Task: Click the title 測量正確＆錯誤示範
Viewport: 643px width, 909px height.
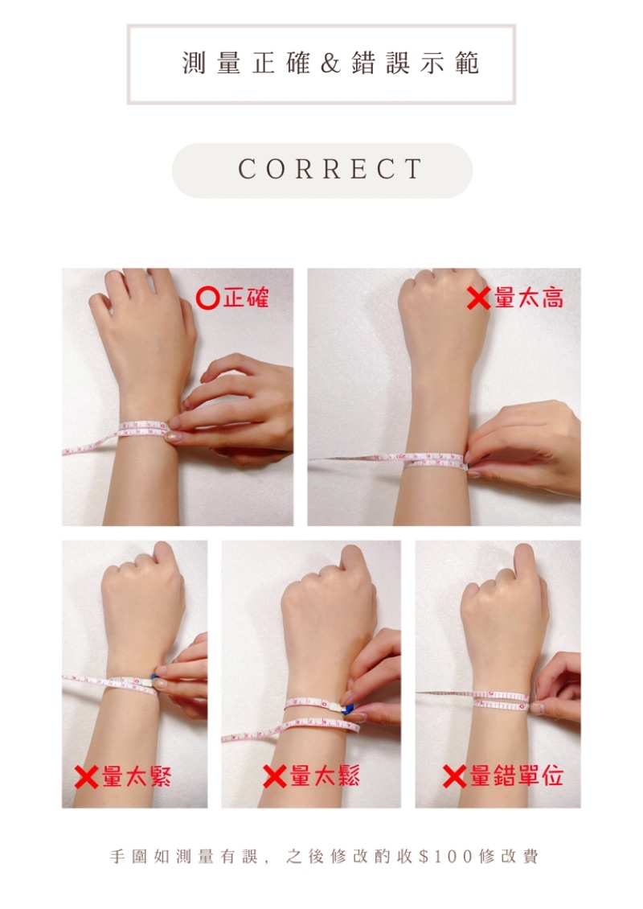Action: tap(331, 64)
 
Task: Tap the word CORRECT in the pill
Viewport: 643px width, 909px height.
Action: tap(330, 169)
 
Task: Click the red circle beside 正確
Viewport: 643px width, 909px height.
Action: tap(208, 298)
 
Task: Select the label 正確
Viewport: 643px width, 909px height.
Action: tap(246, 298)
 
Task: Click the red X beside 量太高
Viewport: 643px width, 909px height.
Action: tap(478, 298)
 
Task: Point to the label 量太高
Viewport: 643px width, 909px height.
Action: tap(528, 298)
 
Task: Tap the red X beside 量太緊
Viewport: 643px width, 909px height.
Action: tap(86, 777)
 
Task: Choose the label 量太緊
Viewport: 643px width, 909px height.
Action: tap(137, 775)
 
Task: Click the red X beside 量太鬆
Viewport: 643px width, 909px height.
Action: tap(275, 777)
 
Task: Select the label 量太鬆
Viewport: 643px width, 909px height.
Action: tap(325, 775)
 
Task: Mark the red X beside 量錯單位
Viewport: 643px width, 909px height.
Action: tap(455, 777)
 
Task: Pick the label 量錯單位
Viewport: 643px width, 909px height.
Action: tap(516, 775)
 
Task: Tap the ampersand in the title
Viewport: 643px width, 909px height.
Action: tap(330, 64)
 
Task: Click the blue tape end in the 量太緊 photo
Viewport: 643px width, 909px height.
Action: tap(154, 679)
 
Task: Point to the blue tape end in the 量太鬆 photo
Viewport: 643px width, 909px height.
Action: tap(349, 710)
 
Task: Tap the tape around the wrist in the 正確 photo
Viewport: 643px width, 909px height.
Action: tap(142, 430)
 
